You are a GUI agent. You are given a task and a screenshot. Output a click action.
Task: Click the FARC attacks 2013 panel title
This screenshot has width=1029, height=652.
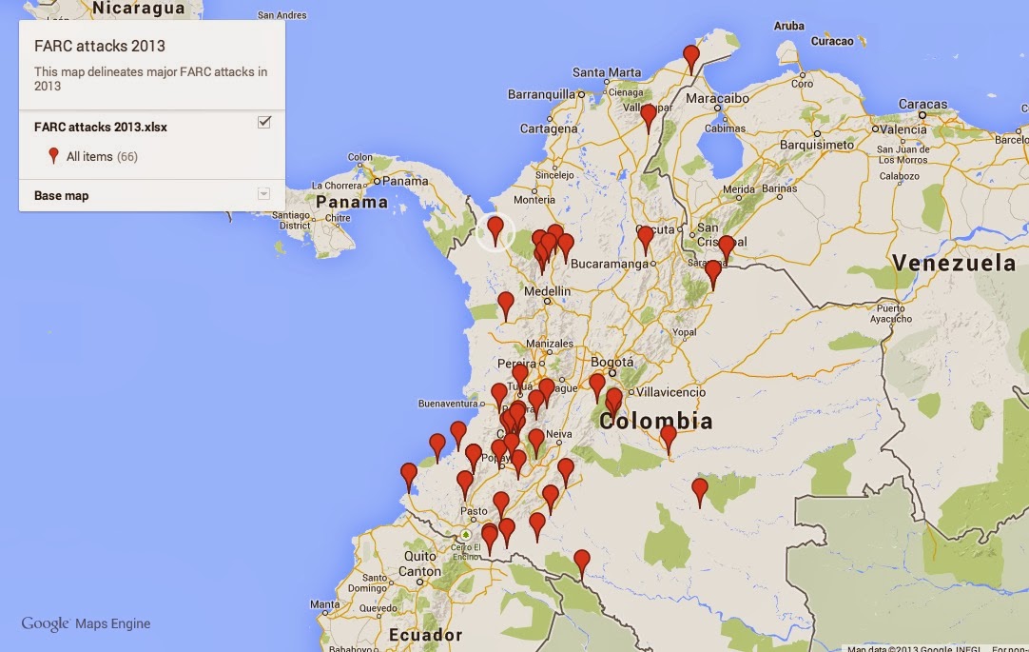point(100,46)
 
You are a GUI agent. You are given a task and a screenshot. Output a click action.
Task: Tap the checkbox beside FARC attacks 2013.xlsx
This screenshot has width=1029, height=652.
point(264,122)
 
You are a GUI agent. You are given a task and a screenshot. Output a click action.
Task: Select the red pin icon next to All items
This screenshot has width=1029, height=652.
point(53,156)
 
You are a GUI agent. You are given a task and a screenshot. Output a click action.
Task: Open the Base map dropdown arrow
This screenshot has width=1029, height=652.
point(263,195)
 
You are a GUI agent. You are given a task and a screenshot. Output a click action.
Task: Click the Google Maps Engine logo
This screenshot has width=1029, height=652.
point(86,624)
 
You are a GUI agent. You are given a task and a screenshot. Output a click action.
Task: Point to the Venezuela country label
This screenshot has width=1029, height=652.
point(954,263)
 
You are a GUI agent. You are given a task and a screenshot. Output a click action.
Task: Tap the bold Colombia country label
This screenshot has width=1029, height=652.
point(656,421)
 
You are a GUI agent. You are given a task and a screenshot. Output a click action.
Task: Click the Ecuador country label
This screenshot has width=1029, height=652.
point(425,635)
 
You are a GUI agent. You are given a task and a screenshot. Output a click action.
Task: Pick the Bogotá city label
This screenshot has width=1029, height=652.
point(612,362)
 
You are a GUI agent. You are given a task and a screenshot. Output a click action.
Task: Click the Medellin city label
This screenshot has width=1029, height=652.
point(547,291)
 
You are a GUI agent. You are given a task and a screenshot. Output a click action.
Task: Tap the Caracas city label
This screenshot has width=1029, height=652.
point(922,105)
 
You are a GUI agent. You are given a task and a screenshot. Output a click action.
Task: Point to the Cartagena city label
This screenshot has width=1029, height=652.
point(549,128)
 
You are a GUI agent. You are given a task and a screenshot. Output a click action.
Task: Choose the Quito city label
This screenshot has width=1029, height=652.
point(420,556)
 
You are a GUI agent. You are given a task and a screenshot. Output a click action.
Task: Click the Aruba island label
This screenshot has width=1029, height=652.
point(788,27)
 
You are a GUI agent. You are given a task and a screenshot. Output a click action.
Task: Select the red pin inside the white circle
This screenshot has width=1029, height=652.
point(495,228)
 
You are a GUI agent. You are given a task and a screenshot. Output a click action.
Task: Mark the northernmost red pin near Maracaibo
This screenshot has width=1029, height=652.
point(691,57)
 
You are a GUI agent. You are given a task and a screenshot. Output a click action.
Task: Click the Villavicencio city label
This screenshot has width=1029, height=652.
point(670,392)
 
